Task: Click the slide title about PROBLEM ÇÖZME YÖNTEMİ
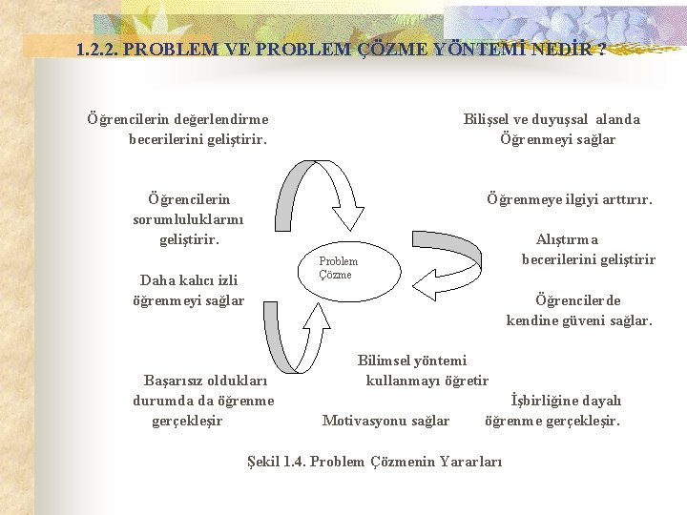click(341, 49)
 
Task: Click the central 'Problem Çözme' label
click(338, 268)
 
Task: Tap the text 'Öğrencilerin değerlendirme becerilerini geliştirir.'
click(178, 129)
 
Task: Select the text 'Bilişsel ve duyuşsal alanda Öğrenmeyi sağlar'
click(552, 129)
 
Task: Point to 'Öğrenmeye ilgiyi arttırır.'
click(570, 199)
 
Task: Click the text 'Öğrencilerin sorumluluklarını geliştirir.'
click(188, 219)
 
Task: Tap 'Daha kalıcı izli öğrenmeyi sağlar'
click(188, 290)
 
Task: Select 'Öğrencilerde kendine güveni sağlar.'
click(579, 310)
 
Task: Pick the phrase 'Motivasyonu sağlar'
click(386, 421)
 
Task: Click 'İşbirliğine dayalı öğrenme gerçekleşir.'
click(552, 410)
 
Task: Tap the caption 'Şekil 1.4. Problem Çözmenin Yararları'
click(374, 462)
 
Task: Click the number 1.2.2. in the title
click(97, 49)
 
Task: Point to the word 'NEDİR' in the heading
click(569, 49)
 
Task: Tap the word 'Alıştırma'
click(568, 239)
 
